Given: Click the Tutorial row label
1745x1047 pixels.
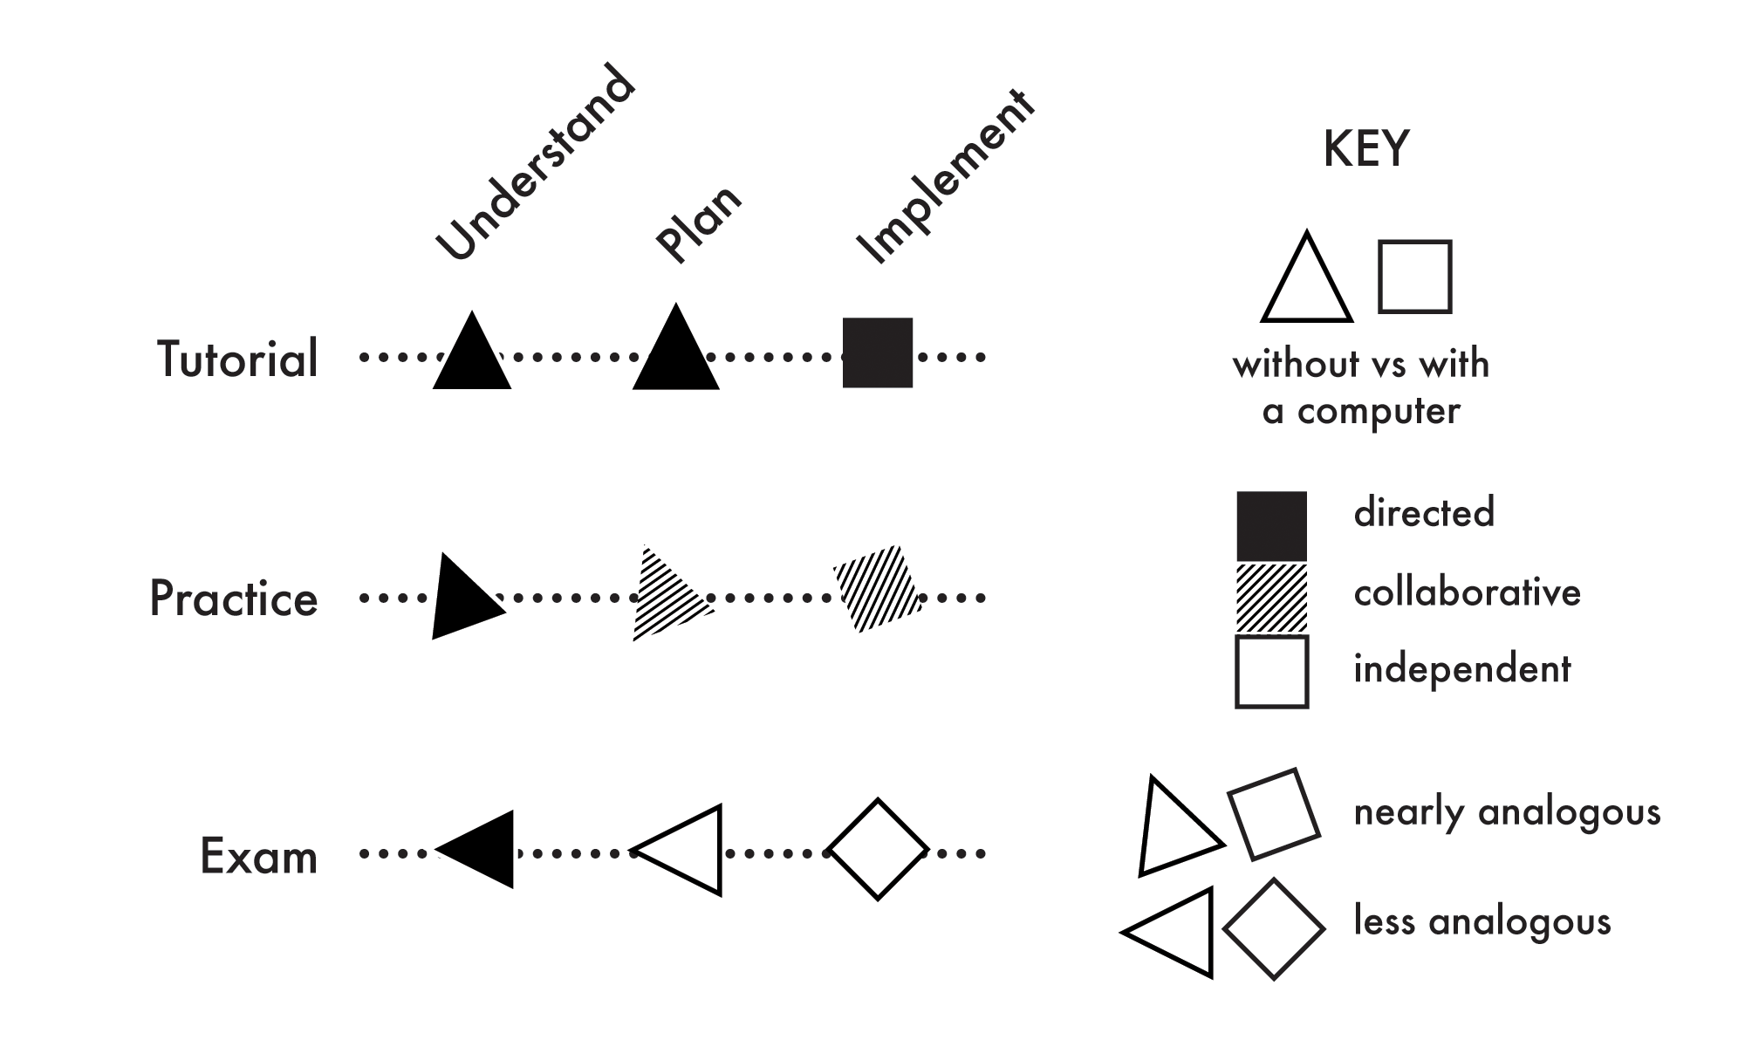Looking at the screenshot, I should pos(237,359).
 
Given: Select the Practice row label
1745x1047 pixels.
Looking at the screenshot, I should pos(234,599).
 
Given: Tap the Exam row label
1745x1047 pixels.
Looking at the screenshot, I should pos(258,856).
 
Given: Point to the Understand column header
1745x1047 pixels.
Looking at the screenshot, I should pos(535,164).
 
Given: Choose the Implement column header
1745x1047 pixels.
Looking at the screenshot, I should pos(946,178).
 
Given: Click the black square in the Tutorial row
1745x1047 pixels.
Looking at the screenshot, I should pos(878,352).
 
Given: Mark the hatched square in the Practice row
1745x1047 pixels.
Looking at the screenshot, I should pos(878,589).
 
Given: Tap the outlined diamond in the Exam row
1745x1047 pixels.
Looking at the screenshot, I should pos(878,849).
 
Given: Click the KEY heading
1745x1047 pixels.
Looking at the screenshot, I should pos(1366,149).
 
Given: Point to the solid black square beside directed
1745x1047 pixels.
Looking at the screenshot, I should pos(1272,525).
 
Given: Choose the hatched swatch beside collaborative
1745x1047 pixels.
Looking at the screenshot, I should pos(1272,598).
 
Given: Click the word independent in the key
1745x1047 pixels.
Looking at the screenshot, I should pos(1462,669).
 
